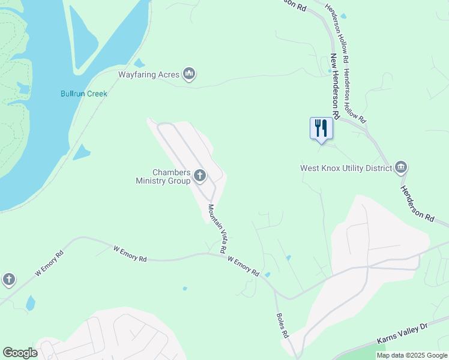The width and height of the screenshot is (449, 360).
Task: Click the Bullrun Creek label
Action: point(84,94)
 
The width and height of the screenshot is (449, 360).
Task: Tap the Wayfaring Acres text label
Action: point(148,74)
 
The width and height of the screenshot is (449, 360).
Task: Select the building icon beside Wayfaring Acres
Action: point(189,74)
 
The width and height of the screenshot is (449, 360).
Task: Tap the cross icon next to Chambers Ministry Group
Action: point(200,176)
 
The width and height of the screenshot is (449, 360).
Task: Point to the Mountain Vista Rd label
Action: point(217,228)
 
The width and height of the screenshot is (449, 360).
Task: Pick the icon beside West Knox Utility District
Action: point(401,167)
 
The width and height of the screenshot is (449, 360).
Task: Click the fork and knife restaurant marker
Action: point(321,128)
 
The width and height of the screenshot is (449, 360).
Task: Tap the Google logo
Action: point(20,353)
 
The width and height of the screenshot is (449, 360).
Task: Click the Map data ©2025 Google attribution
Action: point(412,355)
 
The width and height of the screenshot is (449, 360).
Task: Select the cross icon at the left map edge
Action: point(8,279)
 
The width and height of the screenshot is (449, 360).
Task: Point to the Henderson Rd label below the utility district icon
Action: point(417,204)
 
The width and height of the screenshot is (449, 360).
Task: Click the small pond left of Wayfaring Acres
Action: point(139,63)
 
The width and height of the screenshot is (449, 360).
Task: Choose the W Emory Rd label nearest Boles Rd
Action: point(243,266)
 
